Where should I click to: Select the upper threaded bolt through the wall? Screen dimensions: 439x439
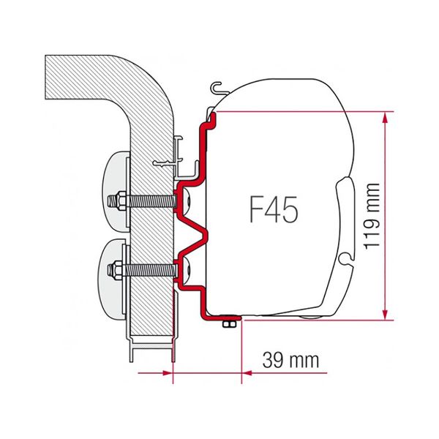tap(146, 199)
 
